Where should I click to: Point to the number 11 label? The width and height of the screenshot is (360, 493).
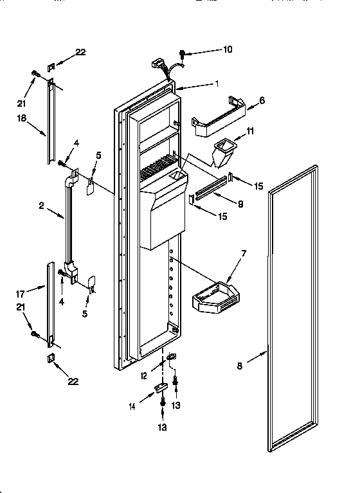pos(251,130)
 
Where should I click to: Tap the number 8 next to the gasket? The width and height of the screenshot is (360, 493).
pos(239,366)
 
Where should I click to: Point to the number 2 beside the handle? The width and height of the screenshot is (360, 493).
pos(40,206)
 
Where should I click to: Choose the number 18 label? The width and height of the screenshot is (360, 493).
pos(22,118)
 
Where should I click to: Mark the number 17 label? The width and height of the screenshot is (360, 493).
pos(21,295)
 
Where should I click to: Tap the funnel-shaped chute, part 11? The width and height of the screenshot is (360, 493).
pos(226,152)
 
